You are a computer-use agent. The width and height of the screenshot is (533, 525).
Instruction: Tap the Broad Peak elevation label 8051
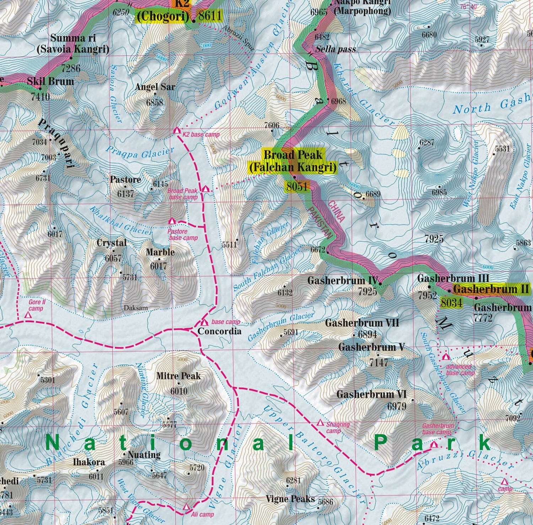pyautogui.click(x=297, y=186)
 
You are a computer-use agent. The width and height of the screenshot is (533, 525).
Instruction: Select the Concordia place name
pyautogui.click(x=219, y=331)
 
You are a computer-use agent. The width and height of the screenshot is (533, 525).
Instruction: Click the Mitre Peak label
pyautogui.click(x=178, y=376)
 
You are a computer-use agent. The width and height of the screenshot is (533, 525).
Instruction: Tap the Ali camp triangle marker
pyautogui.click(x=186, y=507)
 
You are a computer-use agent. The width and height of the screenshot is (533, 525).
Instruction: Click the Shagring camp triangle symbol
pyautogui.click(x=320, y=423)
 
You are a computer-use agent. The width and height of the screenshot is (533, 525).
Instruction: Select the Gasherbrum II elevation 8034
pyautogui.click(x=451, y=303)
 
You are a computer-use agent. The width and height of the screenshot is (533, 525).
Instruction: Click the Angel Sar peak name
pyautogui.click(x=155, y=87)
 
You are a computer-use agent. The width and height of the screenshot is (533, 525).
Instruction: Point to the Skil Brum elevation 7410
pyautogui.click(x=40, y=96)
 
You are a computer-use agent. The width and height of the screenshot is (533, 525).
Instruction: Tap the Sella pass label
pyautogui.click(x=336, y=49)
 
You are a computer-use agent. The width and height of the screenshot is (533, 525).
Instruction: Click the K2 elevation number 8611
pyautogui.click(x=210, y=16)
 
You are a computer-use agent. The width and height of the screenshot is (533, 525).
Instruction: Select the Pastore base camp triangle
pyautogui.click(x=172, y=221)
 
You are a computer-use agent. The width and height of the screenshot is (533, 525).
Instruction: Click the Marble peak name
pyautogui.click(x=160, y=252)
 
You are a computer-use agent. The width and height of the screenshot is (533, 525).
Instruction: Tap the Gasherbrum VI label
pyautogui.click(x=371, y=394)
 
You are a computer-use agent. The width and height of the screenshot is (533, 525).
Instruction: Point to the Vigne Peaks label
pyautogui.click(x=290, y=499)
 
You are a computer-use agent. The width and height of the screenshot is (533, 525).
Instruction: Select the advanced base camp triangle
pyautogui.click(x=446, y=356)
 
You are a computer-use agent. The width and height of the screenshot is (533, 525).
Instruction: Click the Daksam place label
pyautogui.click(x=136, y=308)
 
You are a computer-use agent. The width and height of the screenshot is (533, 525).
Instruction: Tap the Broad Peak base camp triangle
pyautogui.click(x=206, y=189)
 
